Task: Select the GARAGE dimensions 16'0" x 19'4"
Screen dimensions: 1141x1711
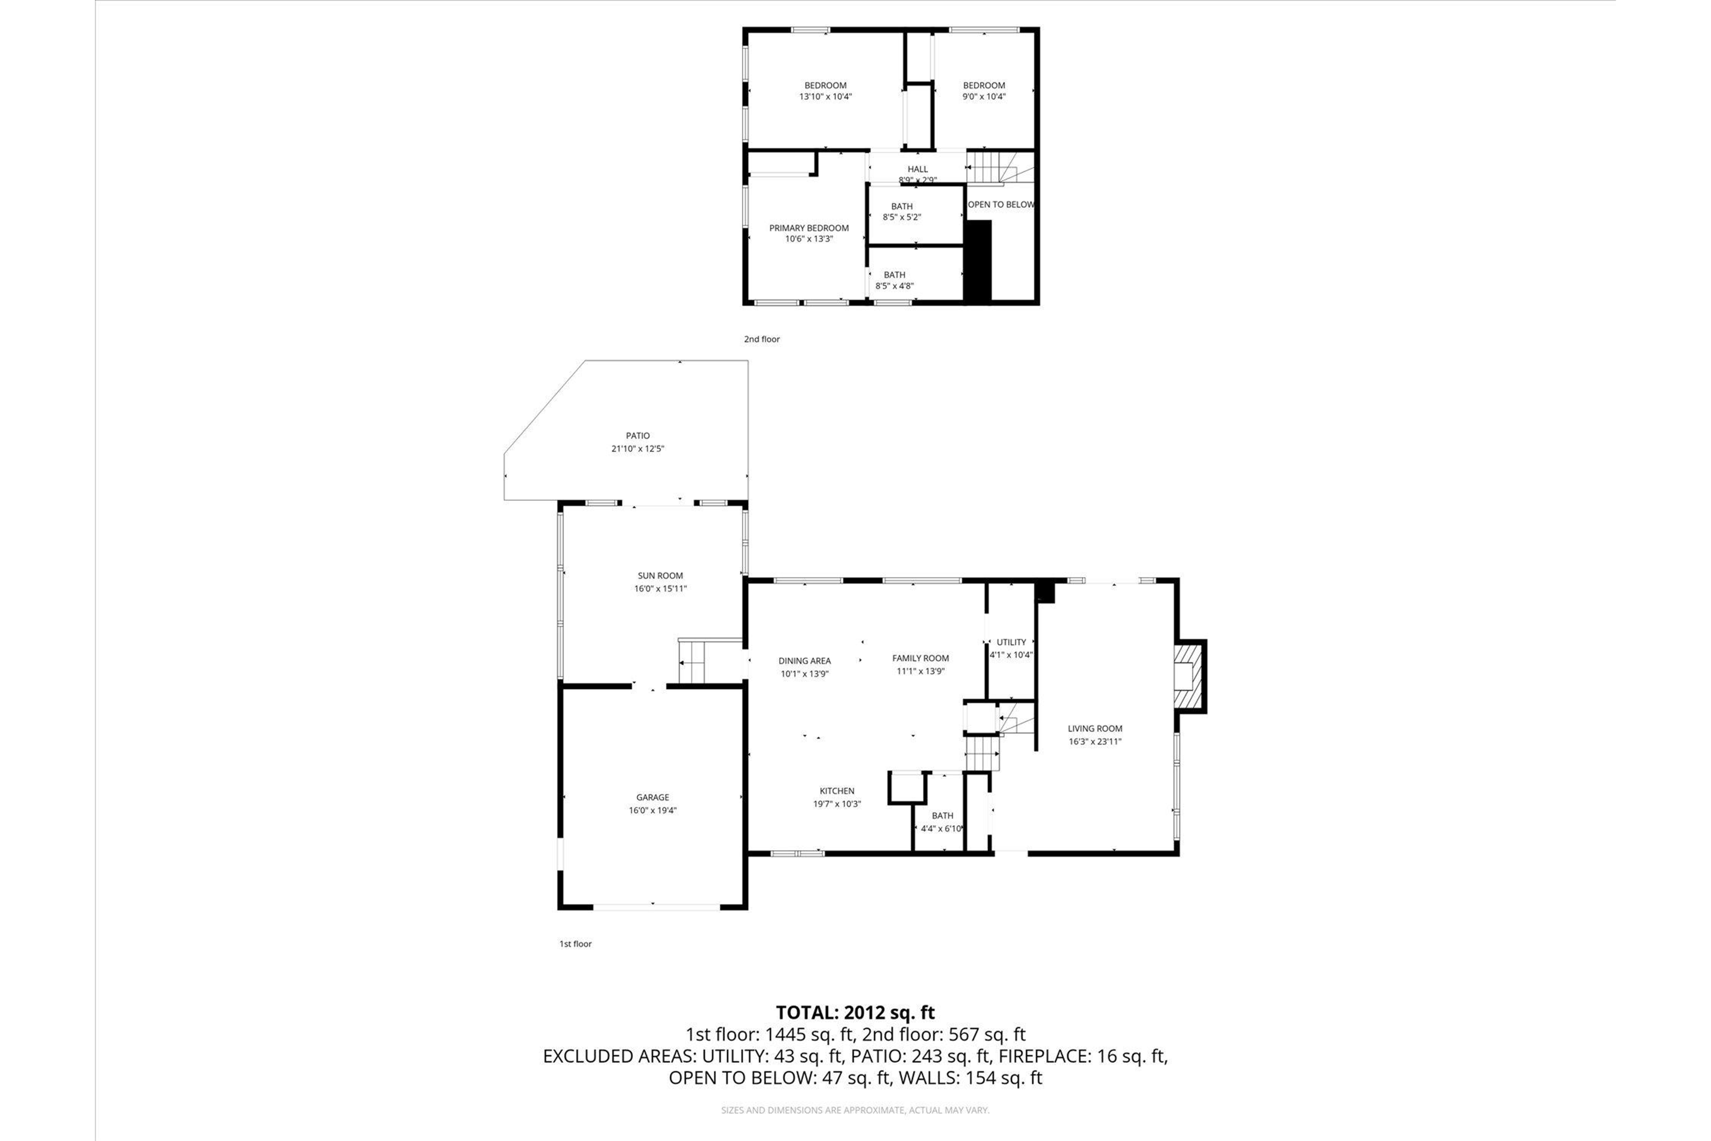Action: tap(653, 810)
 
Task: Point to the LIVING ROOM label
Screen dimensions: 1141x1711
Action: tap(1095, 728)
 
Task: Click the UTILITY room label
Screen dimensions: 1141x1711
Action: tap(1011, 642)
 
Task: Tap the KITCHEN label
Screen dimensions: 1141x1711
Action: tap(836, 791)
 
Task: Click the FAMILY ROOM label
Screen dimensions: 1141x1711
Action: tap(920, 658)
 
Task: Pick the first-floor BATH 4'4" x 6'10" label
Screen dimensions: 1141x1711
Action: tap(942, 816)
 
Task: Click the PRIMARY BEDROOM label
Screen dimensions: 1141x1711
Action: tap(809, 228)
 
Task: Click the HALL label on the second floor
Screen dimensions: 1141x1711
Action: tap(917, 169)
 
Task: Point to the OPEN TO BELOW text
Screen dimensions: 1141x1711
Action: tap(1000, 204)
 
